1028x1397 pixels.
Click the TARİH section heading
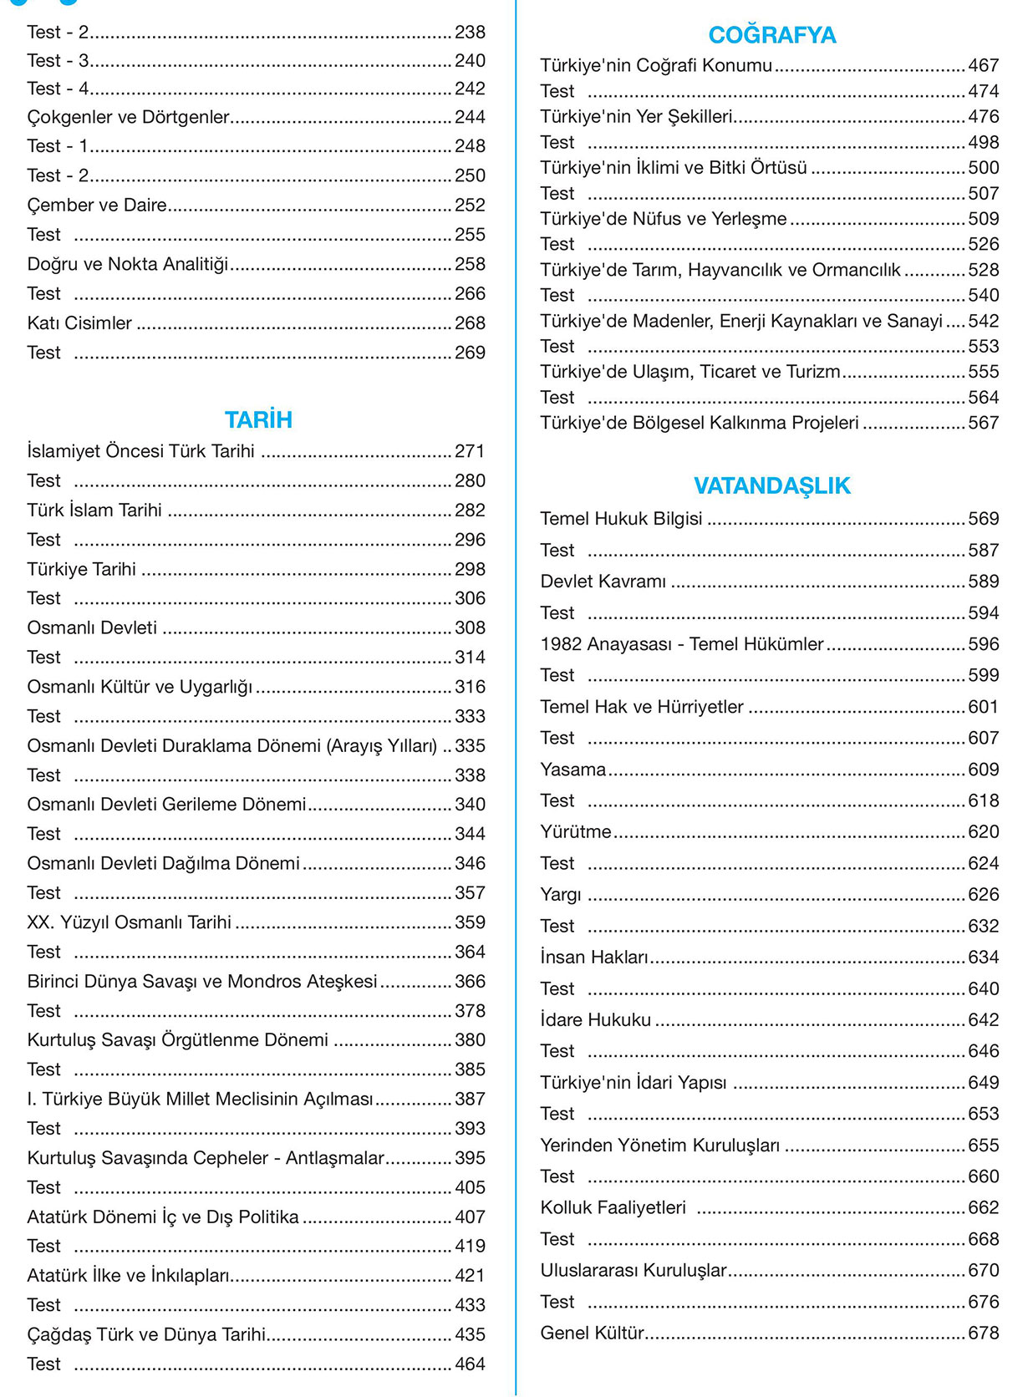pyautogui.click(x=258, y=419)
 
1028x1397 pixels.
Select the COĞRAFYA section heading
pyautogui.click(x=771, y=35)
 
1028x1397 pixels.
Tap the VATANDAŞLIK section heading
pyautogui.click(x=771, y=485)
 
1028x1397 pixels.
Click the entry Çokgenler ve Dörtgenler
pyautogui.click(x=128, y=117)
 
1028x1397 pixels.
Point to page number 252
pyautogui.click(x=470, y=205)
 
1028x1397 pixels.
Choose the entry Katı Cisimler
pyautogui.click(x=79, y=323)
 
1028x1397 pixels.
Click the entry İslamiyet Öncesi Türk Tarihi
pyautogui.click(x=140, y=451)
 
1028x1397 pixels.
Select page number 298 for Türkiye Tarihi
pyautogui.click(x=470, y=569)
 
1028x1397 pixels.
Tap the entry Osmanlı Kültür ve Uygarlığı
pyautogui.click(x=140, y=687)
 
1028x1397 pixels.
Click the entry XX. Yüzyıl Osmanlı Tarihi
pyautogui.click(x=129, y=922)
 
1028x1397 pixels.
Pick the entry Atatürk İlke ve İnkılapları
pyautogui.click(x=128, y=1276)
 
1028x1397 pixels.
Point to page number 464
pyautogui.click(x=470, y=1364)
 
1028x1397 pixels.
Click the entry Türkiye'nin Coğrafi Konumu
pyautogui.click(x=656, y=65)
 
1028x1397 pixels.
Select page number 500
pyautogui.click(x=984, y=168)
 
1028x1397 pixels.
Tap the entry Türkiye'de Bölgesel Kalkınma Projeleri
pyautogui.click(x=700, y=423)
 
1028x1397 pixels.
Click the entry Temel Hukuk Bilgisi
pyautogui.click(x=621, y=519)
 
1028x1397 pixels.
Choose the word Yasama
pyautogui.click(x=573, y=770)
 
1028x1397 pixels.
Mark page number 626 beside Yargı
pyautogui.click(x=984, y=895)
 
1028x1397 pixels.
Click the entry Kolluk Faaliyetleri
pyautogui.click(x=613, y=1208)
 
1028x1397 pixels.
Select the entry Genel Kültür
pyautogui.click(x=592, y=1333)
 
